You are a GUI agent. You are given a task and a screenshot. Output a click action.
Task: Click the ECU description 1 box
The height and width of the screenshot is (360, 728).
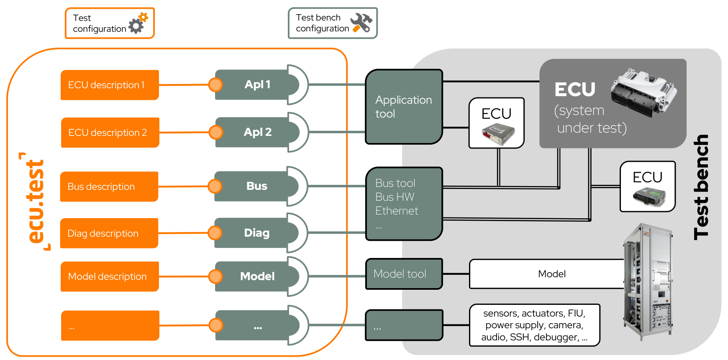tap(110, 85)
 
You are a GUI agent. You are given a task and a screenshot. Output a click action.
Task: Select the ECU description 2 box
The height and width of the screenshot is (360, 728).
tap(110, 133)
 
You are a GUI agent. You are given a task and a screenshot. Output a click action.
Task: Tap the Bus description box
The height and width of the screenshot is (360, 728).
tap(109, 186)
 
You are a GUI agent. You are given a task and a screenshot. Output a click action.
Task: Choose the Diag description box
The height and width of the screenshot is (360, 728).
tap(109, 233)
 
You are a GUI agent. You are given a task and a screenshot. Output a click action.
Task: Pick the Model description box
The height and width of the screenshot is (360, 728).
tap(110, 276)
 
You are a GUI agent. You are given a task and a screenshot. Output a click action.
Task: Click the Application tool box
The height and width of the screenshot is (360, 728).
tap(404, 107)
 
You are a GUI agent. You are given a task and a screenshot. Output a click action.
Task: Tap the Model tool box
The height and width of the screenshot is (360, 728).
tap(404, 274)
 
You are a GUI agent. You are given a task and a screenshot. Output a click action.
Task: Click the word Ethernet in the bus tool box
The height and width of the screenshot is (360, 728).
tap(397, 211)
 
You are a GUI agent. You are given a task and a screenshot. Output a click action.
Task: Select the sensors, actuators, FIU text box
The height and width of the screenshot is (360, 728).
tap(535, 325)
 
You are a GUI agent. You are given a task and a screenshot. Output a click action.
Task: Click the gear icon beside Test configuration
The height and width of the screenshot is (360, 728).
tap(138, 23)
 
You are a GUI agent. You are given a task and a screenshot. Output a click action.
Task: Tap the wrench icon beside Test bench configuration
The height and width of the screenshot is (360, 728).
tap(361, 23)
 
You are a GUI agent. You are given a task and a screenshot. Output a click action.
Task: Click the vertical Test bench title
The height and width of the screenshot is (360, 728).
tap(701, 187)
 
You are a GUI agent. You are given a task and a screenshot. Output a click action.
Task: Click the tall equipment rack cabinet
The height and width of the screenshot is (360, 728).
tap(648, 282)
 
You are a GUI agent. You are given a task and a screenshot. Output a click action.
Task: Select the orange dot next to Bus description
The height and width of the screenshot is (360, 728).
tap(215, 186)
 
